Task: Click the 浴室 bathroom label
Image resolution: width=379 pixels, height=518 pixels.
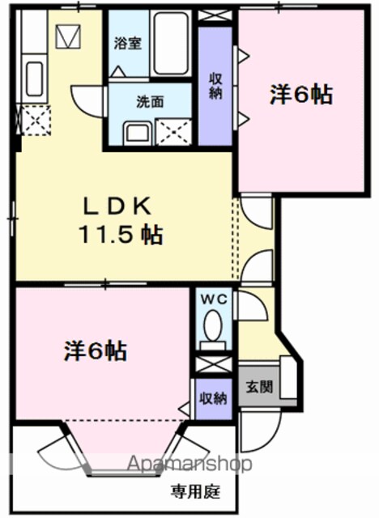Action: [127, 44]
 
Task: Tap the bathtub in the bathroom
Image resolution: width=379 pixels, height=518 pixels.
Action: [171, 43]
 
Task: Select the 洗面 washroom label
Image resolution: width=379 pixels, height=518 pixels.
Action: [150, 102]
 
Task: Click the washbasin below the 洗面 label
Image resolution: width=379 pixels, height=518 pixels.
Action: [138, 133]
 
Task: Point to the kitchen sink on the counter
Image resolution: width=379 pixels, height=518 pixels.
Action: [34, 79]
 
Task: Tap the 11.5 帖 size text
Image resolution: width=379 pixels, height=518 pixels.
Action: [121, 235]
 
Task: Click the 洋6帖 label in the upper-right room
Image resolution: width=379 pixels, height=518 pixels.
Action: [301, 95]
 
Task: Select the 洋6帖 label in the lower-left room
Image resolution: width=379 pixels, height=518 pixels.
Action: [96, 350]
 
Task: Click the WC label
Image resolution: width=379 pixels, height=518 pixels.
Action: [215, 299]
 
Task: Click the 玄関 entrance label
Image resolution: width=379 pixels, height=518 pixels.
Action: [259, 387]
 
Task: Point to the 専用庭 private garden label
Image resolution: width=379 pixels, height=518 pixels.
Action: [195, 492]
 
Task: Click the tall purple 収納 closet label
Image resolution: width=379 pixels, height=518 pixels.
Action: [215, 87]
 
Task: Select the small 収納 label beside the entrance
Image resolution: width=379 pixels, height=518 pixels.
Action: [213, 399]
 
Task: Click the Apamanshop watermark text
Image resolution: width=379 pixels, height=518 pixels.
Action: [189, 464]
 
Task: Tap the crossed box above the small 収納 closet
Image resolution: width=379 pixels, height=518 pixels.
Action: [213, 364]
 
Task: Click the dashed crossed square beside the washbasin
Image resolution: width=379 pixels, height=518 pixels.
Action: [173, 132]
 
